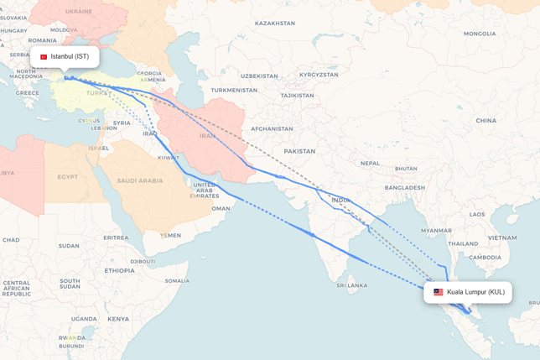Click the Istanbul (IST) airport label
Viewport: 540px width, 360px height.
pyautogui.click(x=70, y=57)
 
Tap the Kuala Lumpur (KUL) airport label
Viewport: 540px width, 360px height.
pyautogui.click(x=475, y=292)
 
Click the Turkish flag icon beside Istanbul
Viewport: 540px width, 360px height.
pyautogui.click(x=44, y=57)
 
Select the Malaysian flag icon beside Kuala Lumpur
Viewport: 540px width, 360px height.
pyautogui.click(x=438, y=292)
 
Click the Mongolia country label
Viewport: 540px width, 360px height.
pyautogui.click(x=480, y=34)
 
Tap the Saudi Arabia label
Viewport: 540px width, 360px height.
pyautogui.click(x=139, y=180)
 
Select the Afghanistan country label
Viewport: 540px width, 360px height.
pyautogui.click(x=272, y=128)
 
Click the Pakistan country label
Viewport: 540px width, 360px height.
pyautogui.click(x=299, y=152)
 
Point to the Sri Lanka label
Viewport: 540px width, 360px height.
pyautogui.click(x=352, y=285)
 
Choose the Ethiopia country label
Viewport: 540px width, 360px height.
pyautogui.click(x=120, y=270)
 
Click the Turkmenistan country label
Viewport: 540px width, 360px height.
pyautogui.click(x=234, y=90)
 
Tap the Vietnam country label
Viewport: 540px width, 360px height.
pyautogui.click(x=501, y=237)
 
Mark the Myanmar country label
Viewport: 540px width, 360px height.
pyautogui.click(x=437, y=230)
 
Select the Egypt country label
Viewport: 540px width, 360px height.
pyautogui.click(x=68, y=176)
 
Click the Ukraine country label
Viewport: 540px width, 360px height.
pyautogui.click(x=79, y=12)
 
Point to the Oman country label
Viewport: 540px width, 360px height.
pyautogui.click(x=221, y=208)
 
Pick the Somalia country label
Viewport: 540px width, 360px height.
pyautogui.click(x=177, y=280)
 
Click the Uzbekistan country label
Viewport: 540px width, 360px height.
pyautogui.click(x=257, y=76)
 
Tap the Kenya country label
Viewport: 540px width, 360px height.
pyautogui.click(x=117, y=319)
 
